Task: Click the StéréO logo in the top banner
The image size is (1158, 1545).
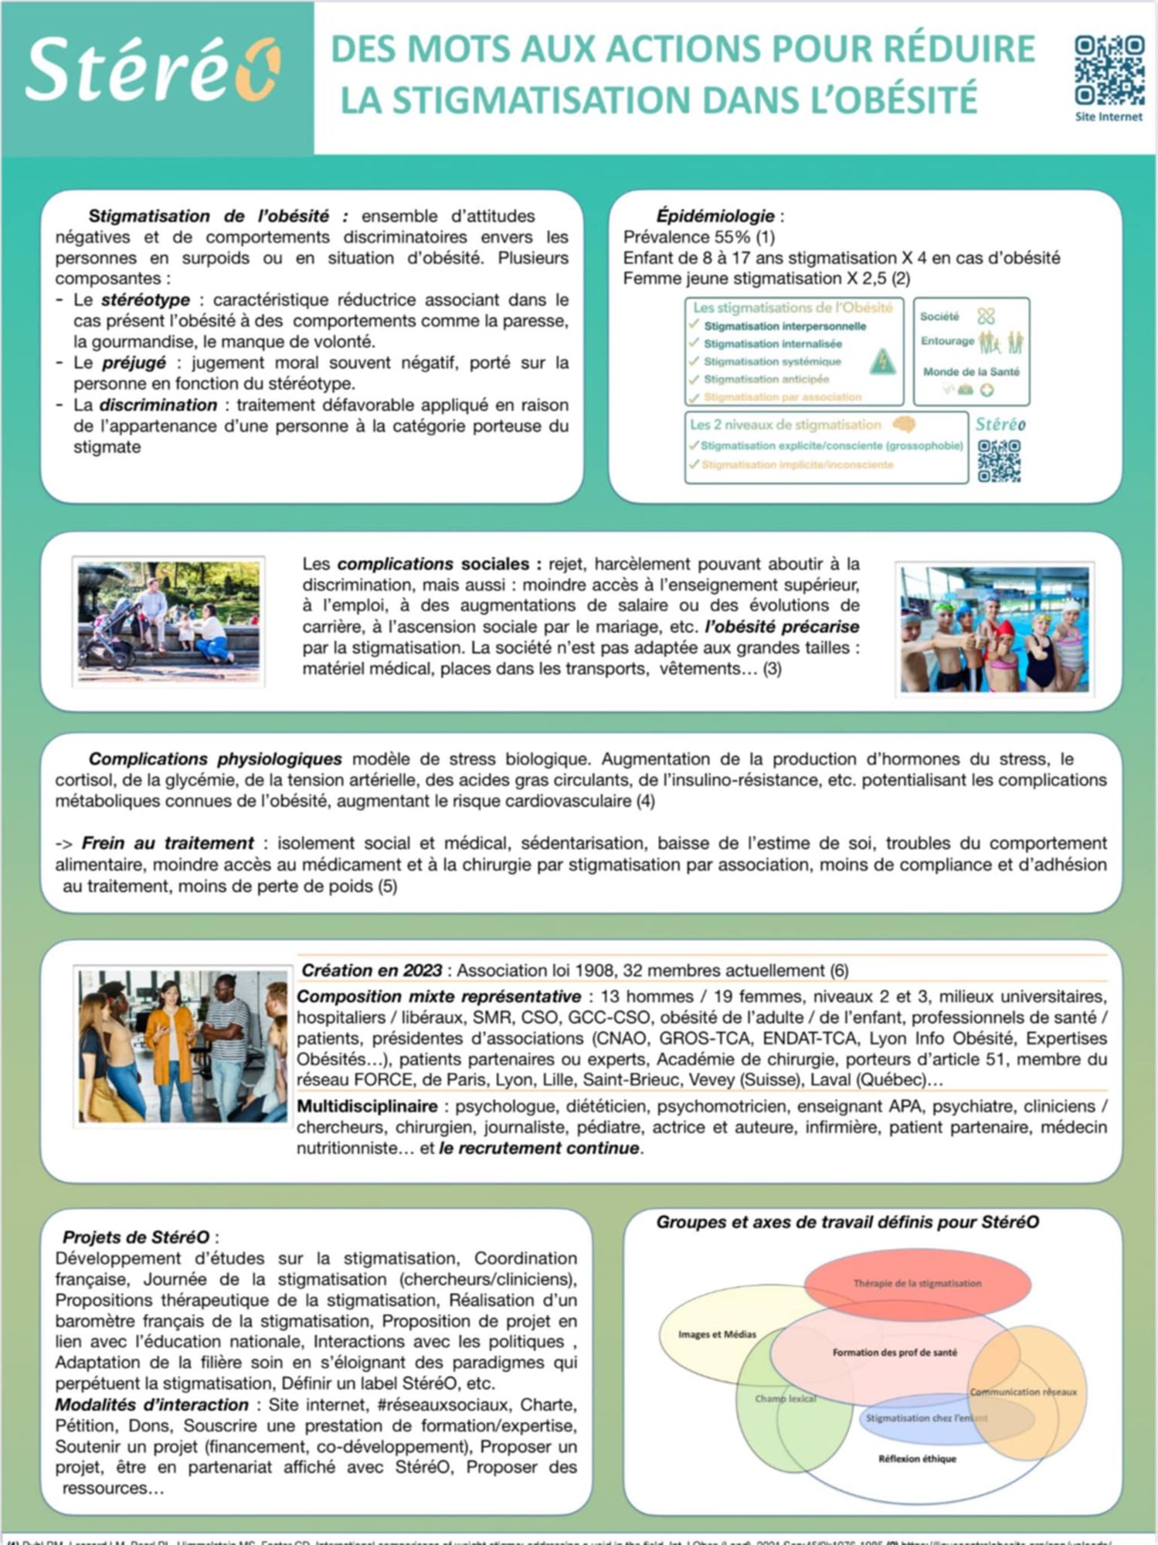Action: point(152,71)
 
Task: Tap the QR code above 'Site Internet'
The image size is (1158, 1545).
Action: point(1109,70)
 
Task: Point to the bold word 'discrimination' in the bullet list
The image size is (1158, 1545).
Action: point(158,405)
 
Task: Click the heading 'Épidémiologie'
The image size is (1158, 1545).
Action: point(715,216)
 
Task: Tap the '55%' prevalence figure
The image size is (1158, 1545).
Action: point(730,236)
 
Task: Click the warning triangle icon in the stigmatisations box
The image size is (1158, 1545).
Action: point(881,362)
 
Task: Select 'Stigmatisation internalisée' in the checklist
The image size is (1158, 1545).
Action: point(773,344)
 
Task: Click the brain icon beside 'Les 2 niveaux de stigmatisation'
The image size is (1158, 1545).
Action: point(903,424)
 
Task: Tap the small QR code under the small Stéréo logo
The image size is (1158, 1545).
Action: point(999,460)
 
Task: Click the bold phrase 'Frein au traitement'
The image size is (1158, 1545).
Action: point(168,843)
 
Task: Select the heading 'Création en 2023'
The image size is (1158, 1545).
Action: point(372,970)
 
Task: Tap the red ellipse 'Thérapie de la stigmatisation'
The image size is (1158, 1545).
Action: point(917,1283)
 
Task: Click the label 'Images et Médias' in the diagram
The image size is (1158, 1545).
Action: point(717,1334)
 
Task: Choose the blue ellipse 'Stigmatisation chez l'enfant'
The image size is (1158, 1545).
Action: point(925,1418)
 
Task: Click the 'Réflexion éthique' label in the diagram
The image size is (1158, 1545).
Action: point(917,1458)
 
